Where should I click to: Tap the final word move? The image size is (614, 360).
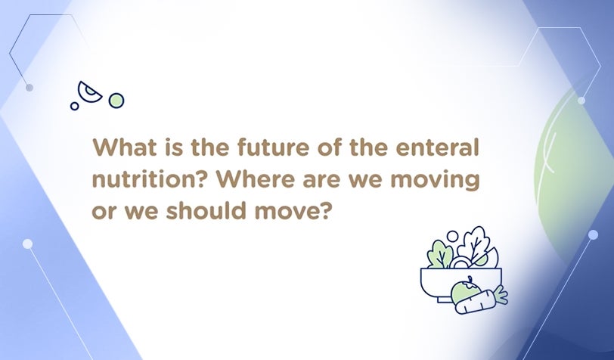tap(290, 211)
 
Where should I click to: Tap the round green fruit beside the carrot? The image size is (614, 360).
tap(466, 290)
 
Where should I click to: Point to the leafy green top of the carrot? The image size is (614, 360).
tap(500, 295)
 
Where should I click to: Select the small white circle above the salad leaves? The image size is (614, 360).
tap(452, 236)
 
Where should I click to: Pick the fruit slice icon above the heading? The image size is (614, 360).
tap(89, 92)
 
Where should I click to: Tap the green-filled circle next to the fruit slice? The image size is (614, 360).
tap(116, 101)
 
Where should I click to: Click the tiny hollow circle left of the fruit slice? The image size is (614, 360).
tap(74, 106)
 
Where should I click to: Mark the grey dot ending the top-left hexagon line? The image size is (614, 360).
tap(29, 88)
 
